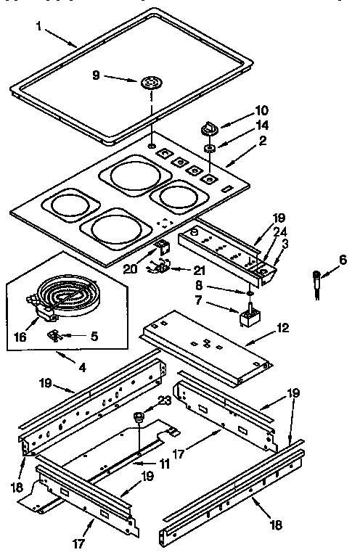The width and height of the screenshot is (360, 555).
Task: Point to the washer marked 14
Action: [209, 149]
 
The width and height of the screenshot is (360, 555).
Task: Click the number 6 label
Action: [343, 259]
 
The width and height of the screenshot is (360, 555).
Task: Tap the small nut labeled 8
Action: [249, 293]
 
